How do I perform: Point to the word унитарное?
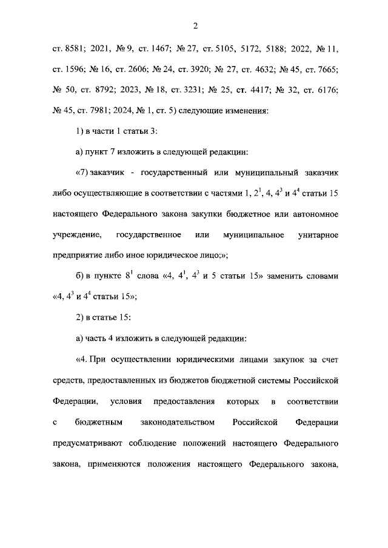point(312,236)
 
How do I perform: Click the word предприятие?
point(79,257)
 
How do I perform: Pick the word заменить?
point(282,278)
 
